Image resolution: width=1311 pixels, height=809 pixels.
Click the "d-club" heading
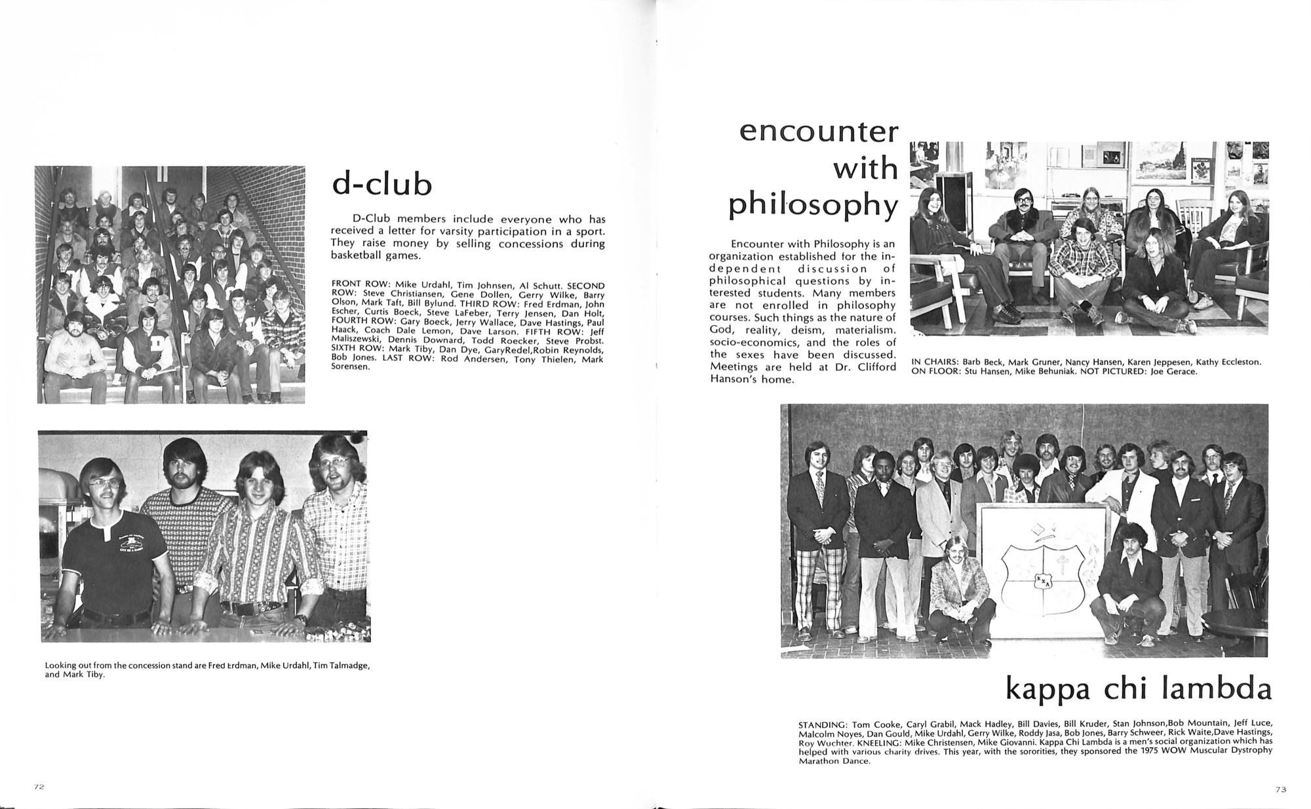382,185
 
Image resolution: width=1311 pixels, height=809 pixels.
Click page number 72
39,787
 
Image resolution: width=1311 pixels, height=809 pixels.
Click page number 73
1281,789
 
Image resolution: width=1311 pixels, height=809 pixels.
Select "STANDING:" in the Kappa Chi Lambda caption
822,725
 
